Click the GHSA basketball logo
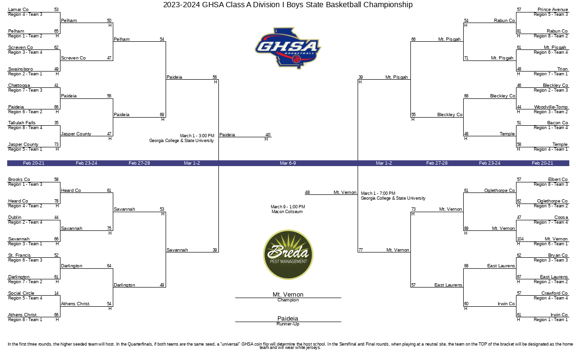pos(288,48)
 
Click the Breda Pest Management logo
pos(288,254)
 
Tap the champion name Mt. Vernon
pos(288,294)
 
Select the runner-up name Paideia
pos(288,318)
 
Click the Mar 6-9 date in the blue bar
pos(288,163)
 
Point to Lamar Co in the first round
pos(18,10)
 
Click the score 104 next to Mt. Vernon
pos(520,239)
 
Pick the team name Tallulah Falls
pos(22,123)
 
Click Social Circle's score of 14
pos(56,293)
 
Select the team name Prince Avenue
pos(552,10)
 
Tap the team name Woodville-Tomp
pos(551,107)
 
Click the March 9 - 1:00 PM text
pos(288,207)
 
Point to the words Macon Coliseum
pos(287,212)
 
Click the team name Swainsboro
pos(21,69)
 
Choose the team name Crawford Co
pos(554,293)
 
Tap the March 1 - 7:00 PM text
pos(378,193)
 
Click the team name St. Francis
pos(19,255)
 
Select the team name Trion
pos(563,69)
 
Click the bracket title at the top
pos(288,5)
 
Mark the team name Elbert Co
pos(558,179)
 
